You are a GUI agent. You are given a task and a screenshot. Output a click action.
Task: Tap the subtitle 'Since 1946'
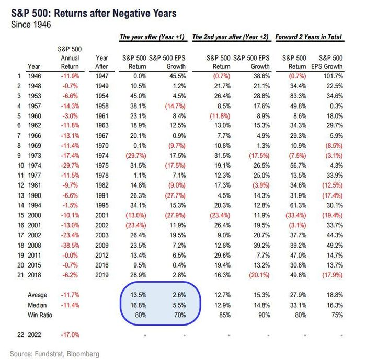click(31, 25)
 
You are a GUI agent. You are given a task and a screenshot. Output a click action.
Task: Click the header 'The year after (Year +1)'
click(152, 37)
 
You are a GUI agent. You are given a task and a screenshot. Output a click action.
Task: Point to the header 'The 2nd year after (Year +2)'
click(230, 37)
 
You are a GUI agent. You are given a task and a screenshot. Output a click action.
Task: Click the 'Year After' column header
click(102, 62)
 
